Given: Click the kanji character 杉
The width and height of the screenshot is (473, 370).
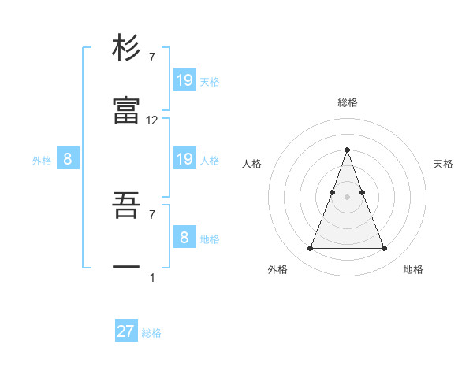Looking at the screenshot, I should point(126,48).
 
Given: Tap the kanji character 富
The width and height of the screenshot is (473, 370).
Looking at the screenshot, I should point(126,112).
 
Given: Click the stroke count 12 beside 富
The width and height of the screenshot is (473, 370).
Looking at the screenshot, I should point(152,120).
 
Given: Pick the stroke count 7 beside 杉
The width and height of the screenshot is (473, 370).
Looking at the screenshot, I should point(152,57).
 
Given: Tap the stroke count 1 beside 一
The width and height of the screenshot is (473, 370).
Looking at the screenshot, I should point(152,277).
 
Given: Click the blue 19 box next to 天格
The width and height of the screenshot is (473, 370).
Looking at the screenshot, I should point(184,80).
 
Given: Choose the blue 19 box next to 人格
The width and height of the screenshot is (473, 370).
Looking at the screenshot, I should point(184,159).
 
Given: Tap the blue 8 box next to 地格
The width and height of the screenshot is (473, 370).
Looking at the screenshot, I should point(184,237).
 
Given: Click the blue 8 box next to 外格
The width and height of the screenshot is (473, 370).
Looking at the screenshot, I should point(68,159).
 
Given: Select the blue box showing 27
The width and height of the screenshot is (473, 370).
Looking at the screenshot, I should point(126,331).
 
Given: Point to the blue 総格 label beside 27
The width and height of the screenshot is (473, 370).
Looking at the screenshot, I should point(151,333).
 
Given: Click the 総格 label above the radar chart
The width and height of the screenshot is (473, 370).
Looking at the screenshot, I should point(348,102).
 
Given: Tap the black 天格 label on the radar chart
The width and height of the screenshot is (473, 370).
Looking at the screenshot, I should point(444,164).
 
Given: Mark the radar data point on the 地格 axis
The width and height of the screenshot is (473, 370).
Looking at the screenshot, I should point(384,249).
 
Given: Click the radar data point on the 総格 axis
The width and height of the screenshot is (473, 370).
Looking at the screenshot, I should point(347,150).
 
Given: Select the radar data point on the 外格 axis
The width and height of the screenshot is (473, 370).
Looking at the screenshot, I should point(310,249).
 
